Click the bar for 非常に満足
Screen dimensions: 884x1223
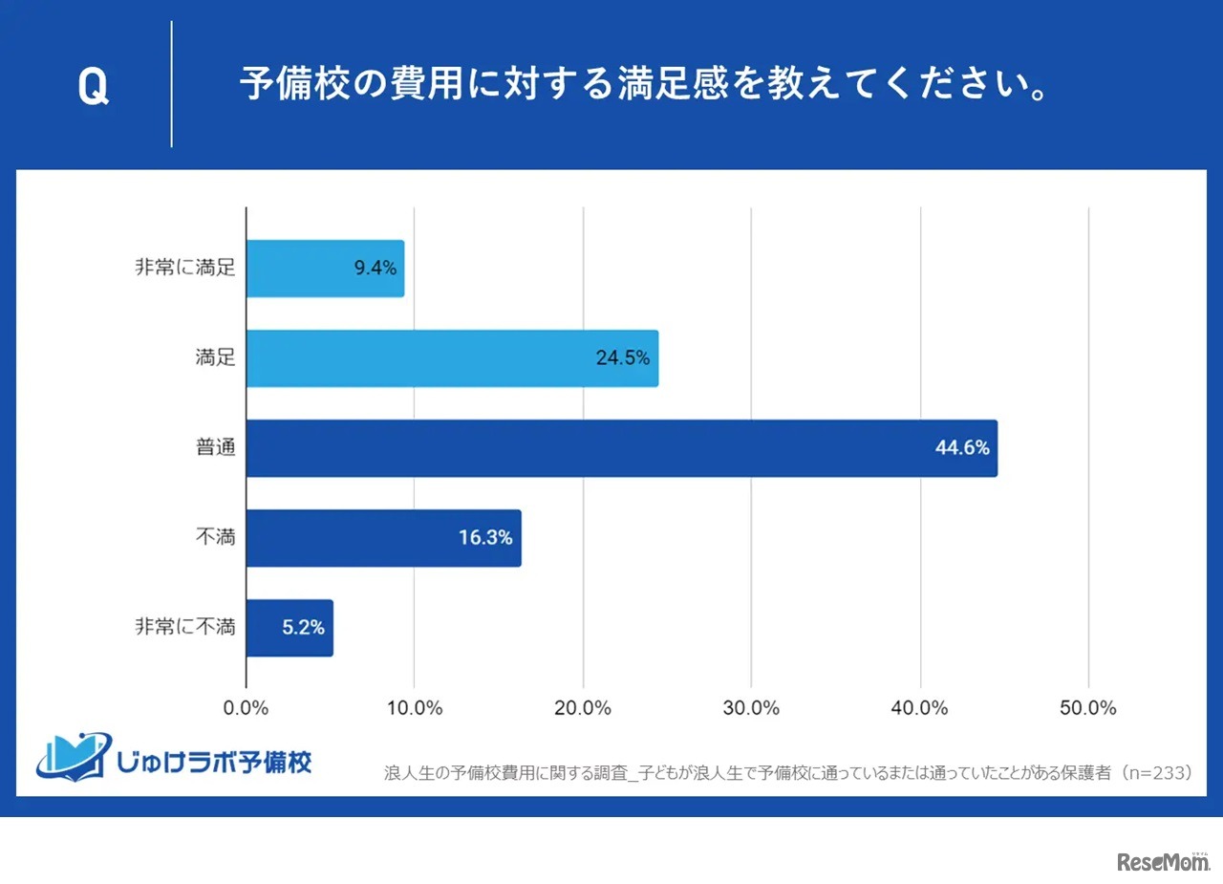325,269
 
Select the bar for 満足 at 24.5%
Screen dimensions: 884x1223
452,358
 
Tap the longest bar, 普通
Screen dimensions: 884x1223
621,448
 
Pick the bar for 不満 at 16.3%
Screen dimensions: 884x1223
383,538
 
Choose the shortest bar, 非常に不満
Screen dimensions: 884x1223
290,628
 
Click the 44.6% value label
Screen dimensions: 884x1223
962,448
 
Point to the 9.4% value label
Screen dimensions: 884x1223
375,269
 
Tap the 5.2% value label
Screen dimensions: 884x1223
303,628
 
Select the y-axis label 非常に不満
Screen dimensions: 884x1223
185,628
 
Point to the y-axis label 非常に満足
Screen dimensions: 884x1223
185,269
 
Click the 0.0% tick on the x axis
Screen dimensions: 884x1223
247,708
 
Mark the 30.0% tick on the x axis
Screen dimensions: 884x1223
752,708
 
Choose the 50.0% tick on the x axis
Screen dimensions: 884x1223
1088,708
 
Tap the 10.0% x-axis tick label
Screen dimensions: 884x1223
415,708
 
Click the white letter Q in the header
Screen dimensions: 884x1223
93,87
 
